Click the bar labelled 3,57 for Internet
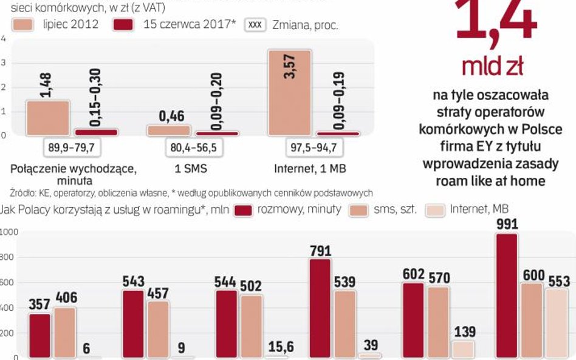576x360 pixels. pyautogui.click(x=289, y=92)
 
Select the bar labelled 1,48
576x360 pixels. pyautogui.click(x=48, y=118)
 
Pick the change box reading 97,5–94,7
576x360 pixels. pyautogui.click(x=314, y=148)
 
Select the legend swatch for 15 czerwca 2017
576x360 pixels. pyautogui.click(x=125, y=25)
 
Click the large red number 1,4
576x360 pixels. pyautogui.click(x=495, y=21)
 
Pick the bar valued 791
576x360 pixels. pyautogui.click(x=320, y=308)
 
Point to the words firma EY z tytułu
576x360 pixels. pyautogui.click(x=490, y=147)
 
